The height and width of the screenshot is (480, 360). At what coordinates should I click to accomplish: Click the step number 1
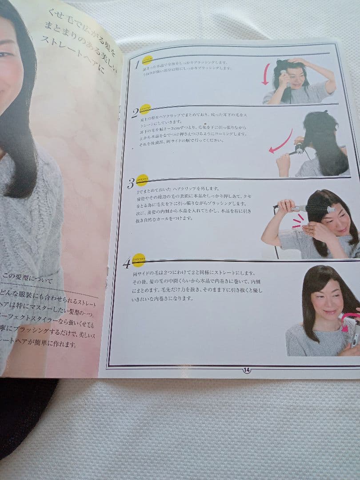(x=137, y=64)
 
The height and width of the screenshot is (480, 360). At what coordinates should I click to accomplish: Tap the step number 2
(x=135, y=113)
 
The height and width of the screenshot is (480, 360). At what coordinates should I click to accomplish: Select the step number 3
(x=131, y=183)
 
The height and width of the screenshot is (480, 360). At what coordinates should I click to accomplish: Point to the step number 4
(x=127, y=263)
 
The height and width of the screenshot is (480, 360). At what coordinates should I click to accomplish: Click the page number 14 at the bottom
(x=247, y=370)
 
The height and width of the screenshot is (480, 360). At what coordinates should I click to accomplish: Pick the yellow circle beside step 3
(x=142, y=180)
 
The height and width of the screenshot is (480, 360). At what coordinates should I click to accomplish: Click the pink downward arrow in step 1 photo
(x=265, y=74)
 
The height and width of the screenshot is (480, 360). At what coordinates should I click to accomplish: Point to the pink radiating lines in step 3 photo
(x=297, y=221)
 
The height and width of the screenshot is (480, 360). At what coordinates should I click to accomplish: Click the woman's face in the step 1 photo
(x=294, y=79)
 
